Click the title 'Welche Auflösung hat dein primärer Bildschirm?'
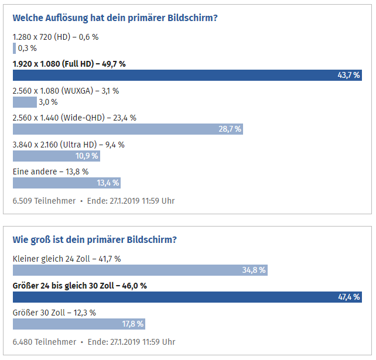point(115,18)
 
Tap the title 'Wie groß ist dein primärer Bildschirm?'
point(95,239)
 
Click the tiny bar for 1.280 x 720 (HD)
point(14,48)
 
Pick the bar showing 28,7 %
point(127,129)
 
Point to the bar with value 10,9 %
point(56,156)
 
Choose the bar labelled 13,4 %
point(66,183)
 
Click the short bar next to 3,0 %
point(24,102)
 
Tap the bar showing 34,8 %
point(140,270)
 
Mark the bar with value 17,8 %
point(78,324)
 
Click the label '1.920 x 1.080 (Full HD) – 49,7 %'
point(69,64)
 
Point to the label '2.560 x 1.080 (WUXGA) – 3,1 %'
point(66,91)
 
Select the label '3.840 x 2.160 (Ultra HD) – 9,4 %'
point(69,145)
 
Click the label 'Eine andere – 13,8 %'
point(50,172)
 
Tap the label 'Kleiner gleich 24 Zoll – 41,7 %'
point(67,258)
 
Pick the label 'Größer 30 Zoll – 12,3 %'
point(54,312)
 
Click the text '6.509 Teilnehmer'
point(44,201)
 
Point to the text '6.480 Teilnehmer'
point(44,342)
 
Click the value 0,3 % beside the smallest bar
point(28,48)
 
